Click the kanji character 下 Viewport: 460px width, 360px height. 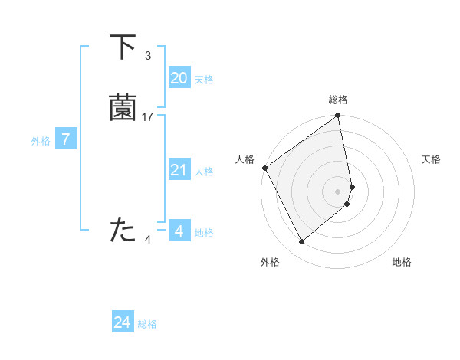(123, 47)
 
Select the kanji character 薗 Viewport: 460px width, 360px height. (123, 109)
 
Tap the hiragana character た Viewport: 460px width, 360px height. (123, 231)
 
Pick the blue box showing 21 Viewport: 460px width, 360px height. (179, 170)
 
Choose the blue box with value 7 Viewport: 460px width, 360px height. (66, 139)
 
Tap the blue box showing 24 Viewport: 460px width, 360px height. (123, 322)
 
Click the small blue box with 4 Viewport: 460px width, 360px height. (179, 231)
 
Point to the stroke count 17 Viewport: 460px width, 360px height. (148, 117)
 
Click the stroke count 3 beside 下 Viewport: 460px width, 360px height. (147, 56)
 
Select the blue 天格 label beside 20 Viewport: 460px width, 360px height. (204, 80)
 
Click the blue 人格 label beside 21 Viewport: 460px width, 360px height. (204, 172)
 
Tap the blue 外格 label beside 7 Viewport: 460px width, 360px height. (40, 141)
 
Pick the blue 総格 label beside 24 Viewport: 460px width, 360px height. (147, 325)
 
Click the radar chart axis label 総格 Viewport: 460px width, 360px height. (338, 100)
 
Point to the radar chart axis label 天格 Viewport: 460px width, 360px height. (432, 159)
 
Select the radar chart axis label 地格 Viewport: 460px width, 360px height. (402, 263)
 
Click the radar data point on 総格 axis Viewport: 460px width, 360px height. (338, 116)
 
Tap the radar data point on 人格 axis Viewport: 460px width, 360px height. (264, 168)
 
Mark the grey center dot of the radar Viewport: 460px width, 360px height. (338, 191)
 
